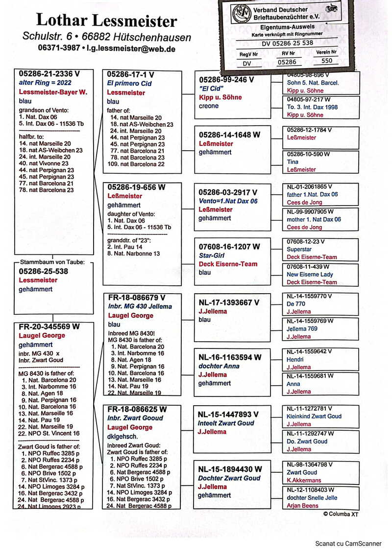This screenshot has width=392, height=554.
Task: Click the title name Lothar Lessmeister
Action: point(106,21)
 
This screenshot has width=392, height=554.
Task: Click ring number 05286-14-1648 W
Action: point(229,135)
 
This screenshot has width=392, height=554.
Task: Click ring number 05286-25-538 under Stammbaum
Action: point(44,271)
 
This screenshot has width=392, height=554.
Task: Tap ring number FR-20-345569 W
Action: point(49,326)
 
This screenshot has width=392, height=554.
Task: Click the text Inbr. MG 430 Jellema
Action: point(140,306)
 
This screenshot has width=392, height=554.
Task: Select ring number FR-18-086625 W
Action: point(137,409)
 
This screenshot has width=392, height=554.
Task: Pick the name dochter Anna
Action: point(219,366)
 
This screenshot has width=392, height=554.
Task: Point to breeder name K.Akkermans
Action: point(304,480)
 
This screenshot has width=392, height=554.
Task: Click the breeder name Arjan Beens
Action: point(302,506)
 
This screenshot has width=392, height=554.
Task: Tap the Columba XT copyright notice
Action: point(344,514)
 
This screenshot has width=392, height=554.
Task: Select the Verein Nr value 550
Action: point(326,61)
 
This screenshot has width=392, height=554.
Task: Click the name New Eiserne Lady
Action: point(310,275)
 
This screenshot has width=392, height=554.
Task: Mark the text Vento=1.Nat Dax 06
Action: point(227,201)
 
